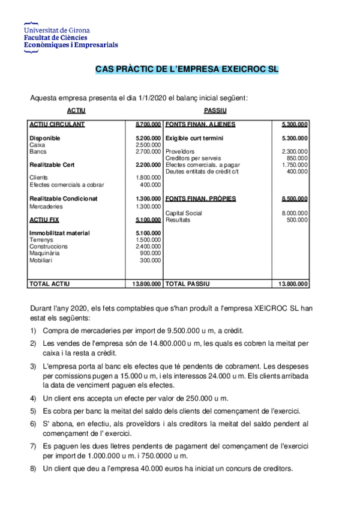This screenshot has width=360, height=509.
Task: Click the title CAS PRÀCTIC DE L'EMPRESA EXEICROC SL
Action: coord(187,70)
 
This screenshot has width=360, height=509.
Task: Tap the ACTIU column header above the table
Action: coord(76,111)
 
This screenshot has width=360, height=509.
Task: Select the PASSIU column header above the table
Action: coord(215,111)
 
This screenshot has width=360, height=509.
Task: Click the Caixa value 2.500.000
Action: coord(148,145)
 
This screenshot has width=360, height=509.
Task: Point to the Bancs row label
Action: coord(37,151)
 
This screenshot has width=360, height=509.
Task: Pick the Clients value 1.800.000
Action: coord(148,178)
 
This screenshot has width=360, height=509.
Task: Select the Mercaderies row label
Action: coord(46,206)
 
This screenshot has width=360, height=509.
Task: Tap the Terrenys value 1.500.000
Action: coord(148,239)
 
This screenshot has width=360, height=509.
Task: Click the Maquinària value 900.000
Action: coord(150,253)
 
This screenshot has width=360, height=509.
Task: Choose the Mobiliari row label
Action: coord(41,260)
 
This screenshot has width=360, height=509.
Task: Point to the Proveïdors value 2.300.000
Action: coord(295,151)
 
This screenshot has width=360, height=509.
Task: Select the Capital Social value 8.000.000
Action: coord(295,213)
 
